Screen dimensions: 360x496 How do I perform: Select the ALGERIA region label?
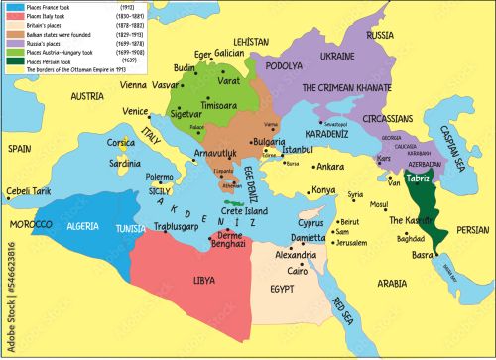83,227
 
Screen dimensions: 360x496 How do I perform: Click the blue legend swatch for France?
13,7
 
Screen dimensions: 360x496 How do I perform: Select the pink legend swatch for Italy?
13,16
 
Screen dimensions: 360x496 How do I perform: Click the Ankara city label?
329,167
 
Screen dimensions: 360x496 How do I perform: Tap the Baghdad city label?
411,239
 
